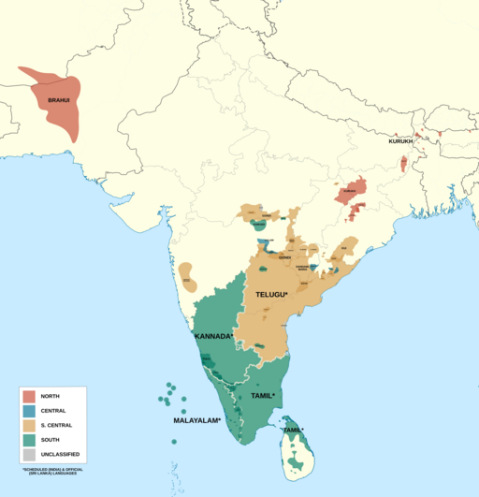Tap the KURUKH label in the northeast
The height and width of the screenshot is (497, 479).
pos(400,141)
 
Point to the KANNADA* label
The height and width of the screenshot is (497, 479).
pos(213,335)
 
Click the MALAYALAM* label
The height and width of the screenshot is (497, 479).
pos(196,421)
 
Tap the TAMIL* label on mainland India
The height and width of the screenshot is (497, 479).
pos(263,396)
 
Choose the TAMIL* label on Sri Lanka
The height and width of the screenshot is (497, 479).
pos(295,430)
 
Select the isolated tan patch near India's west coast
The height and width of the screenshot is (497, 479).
pos(186,274)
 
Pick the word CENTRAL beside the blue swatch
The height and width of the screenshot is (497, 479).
pos(53,411)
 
